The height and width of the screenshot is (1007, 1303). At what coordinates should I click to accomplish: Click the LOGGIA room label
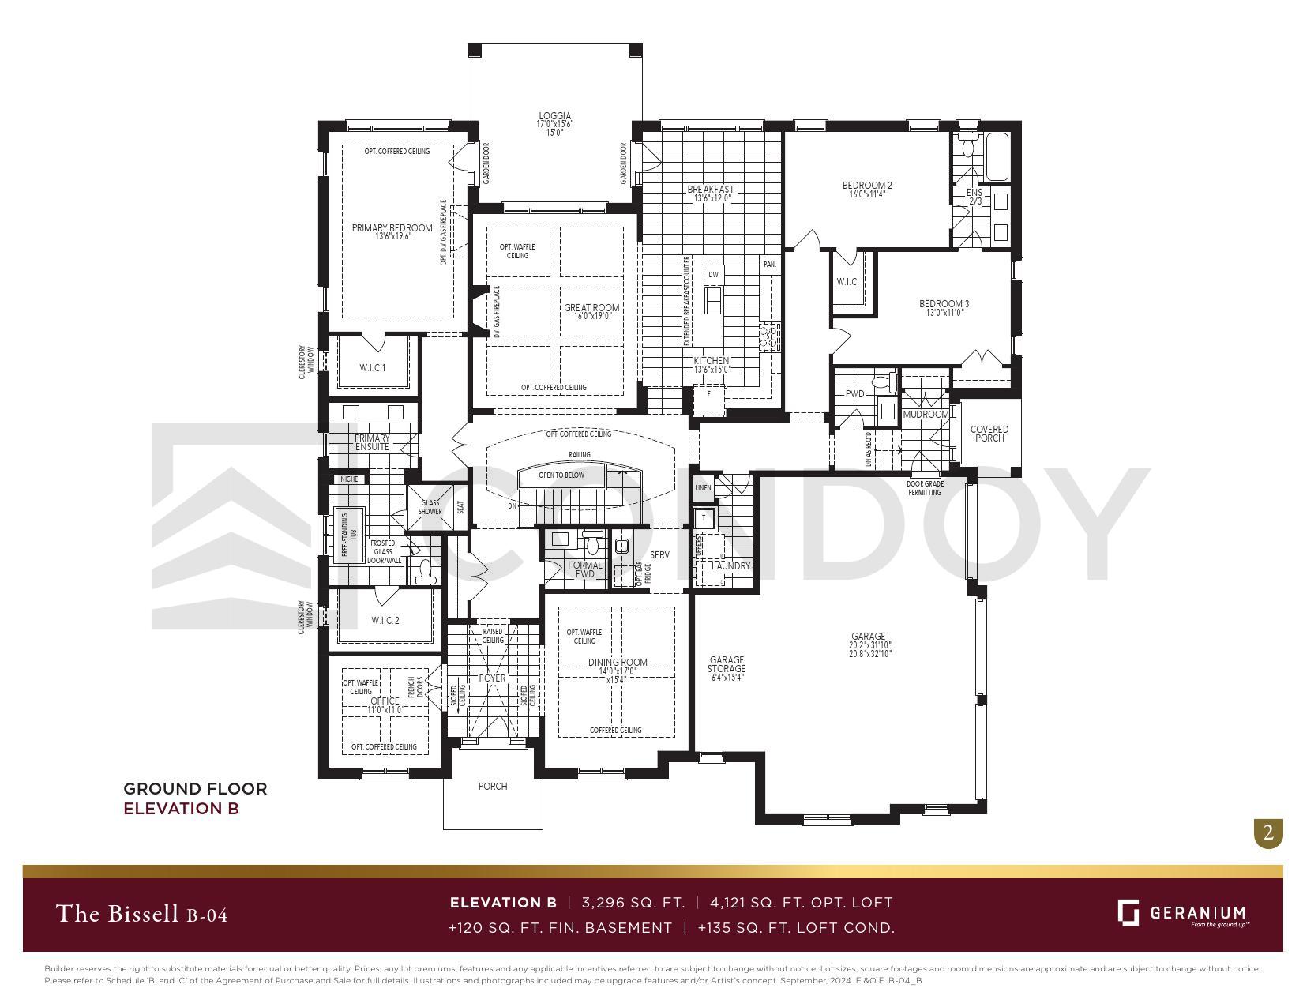(554, 116)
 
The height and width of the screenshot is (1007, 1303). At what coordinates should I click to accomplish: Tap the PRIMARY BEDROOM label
(392, 228)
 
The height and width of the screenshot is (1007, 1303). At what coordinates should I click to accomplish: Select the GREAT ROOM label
(591, 308)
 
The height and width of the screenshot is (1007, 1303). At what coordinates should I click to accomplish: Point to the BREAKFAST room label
(711, 190)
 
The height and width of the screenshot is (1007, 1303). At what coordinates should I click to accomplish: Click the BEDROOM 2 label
(867, 186)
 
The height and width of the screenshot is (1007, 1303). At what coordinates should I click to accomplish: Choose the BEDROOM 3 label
(944, 304)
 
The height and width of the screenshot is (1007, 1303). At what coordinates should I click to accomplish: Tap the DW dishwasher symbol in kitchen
(713, 275)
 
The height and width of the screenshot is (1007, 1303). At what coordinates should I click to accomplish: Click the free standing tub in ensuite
(344, 534)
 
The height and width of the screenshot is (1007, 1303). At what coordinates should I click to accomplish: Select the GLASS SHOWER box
(430, 507)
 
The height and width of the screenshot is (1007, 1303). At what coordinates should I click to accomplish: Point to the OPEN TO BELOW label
(561, 475)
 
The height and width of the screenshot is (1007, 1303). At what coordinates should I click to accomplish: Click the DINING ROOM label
(617, 663)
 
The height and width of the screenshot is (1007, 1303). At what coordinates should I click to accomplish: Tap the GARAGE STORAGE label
(727, 664)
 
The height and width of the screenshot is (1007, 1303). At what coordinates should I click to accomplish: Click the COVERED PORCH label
(989, 434)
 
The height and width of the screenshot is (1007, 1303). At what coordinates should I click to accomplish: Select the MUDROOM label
(925, 415)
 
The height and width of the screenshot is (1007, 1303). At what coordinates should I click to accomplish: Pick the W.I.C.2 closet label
(385, 621)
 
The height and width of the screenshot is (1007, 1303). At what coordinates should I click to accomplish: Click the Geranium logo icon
(1128, 912)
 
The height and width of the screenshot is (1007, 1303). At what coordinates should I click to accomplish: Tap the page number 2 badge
(1268, 832)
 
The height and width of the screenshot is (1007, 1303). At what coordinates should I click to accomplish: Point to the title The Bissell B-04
(142, 914)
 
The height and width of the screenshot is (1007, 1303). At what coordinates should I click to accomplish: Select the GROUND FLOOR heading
(195, 788)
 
